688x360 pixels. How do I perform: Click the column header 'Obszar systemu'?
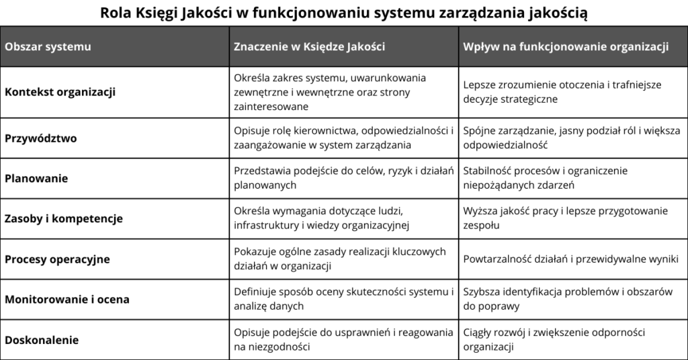pyautogui.click(x=48, y=47)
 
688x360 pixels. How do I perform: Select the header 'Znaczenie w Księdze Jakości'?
pyautogui.click(x=309, y=47)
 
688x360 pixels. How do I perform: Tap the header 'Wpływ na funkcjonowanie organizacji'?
pyautogui.click(x=566, y=47)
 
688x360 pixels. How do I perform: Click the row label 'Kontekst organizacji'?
pyautogui.click(x=60, y=92)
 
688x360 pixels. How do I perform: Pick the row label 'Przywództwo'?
pyautogui.click(x=41, y=138)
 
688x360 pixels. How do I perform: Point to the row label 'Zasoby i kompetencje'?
pyautogui.click(x=64, y=219)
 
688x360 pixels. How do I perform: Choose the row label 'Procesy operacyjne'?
pyautogui.click(x=57, y=259)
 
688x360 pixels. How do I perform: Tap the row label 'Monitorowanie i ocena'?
pyautogui.click(x=67, y=300)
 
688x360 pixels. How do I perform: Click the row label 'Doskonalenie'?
pyautogui.click(x=42, y=340)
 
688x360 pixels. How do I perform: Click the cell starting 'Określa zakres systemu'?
pyautogui.click(x=330, y=92)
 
